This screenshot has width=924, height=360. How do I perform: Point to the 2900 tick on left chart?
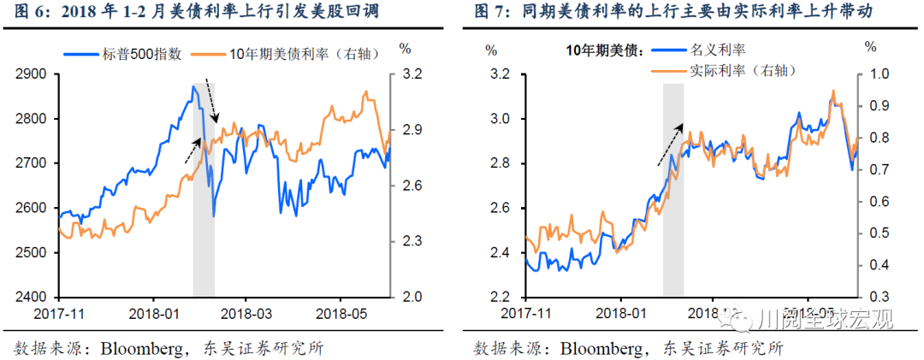click(32, 74)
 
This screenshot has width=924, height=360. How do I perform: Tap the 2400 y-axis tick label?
click(32, 298)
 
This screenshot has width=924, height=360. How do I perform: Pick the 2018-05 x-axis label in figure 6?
click(341, 315)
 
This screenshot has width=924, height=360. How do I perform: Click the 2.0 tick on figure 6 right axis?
click(412, 298)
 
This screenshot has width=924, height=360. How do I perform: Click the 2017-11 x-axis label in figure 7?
click(524, 315)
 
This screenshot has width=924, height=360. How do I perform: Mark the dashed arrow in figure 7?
click(670, 144)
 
